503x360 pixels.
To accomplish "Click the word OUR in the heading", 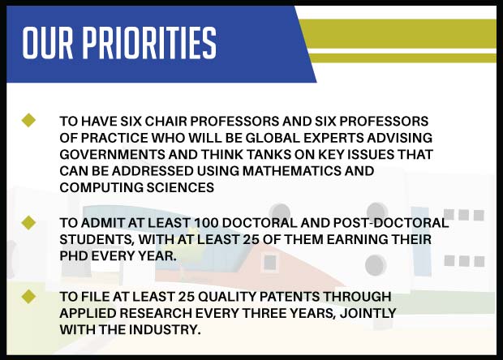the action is coord(48,43).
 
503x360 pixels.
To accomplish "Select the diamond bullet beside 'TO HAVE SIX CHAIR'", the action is coord(28,120).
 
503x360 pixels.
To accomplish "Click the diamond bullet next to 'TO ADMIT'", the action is coord(28,222).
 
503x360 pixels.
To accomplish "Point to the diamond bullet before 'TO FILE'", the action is coord(28,297).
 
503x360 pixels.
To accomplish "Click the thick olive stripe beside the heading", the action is coord(398,34).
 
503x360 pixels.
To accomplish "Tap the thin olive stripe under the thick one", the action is coord(403,58).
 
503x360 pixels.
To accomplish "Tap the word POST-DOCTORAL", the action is coord(391,223).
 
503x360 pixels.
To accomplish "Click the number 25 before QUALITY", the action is coord(187,297).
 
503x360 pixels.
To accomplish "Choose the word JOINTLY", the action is coord(368,313).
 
